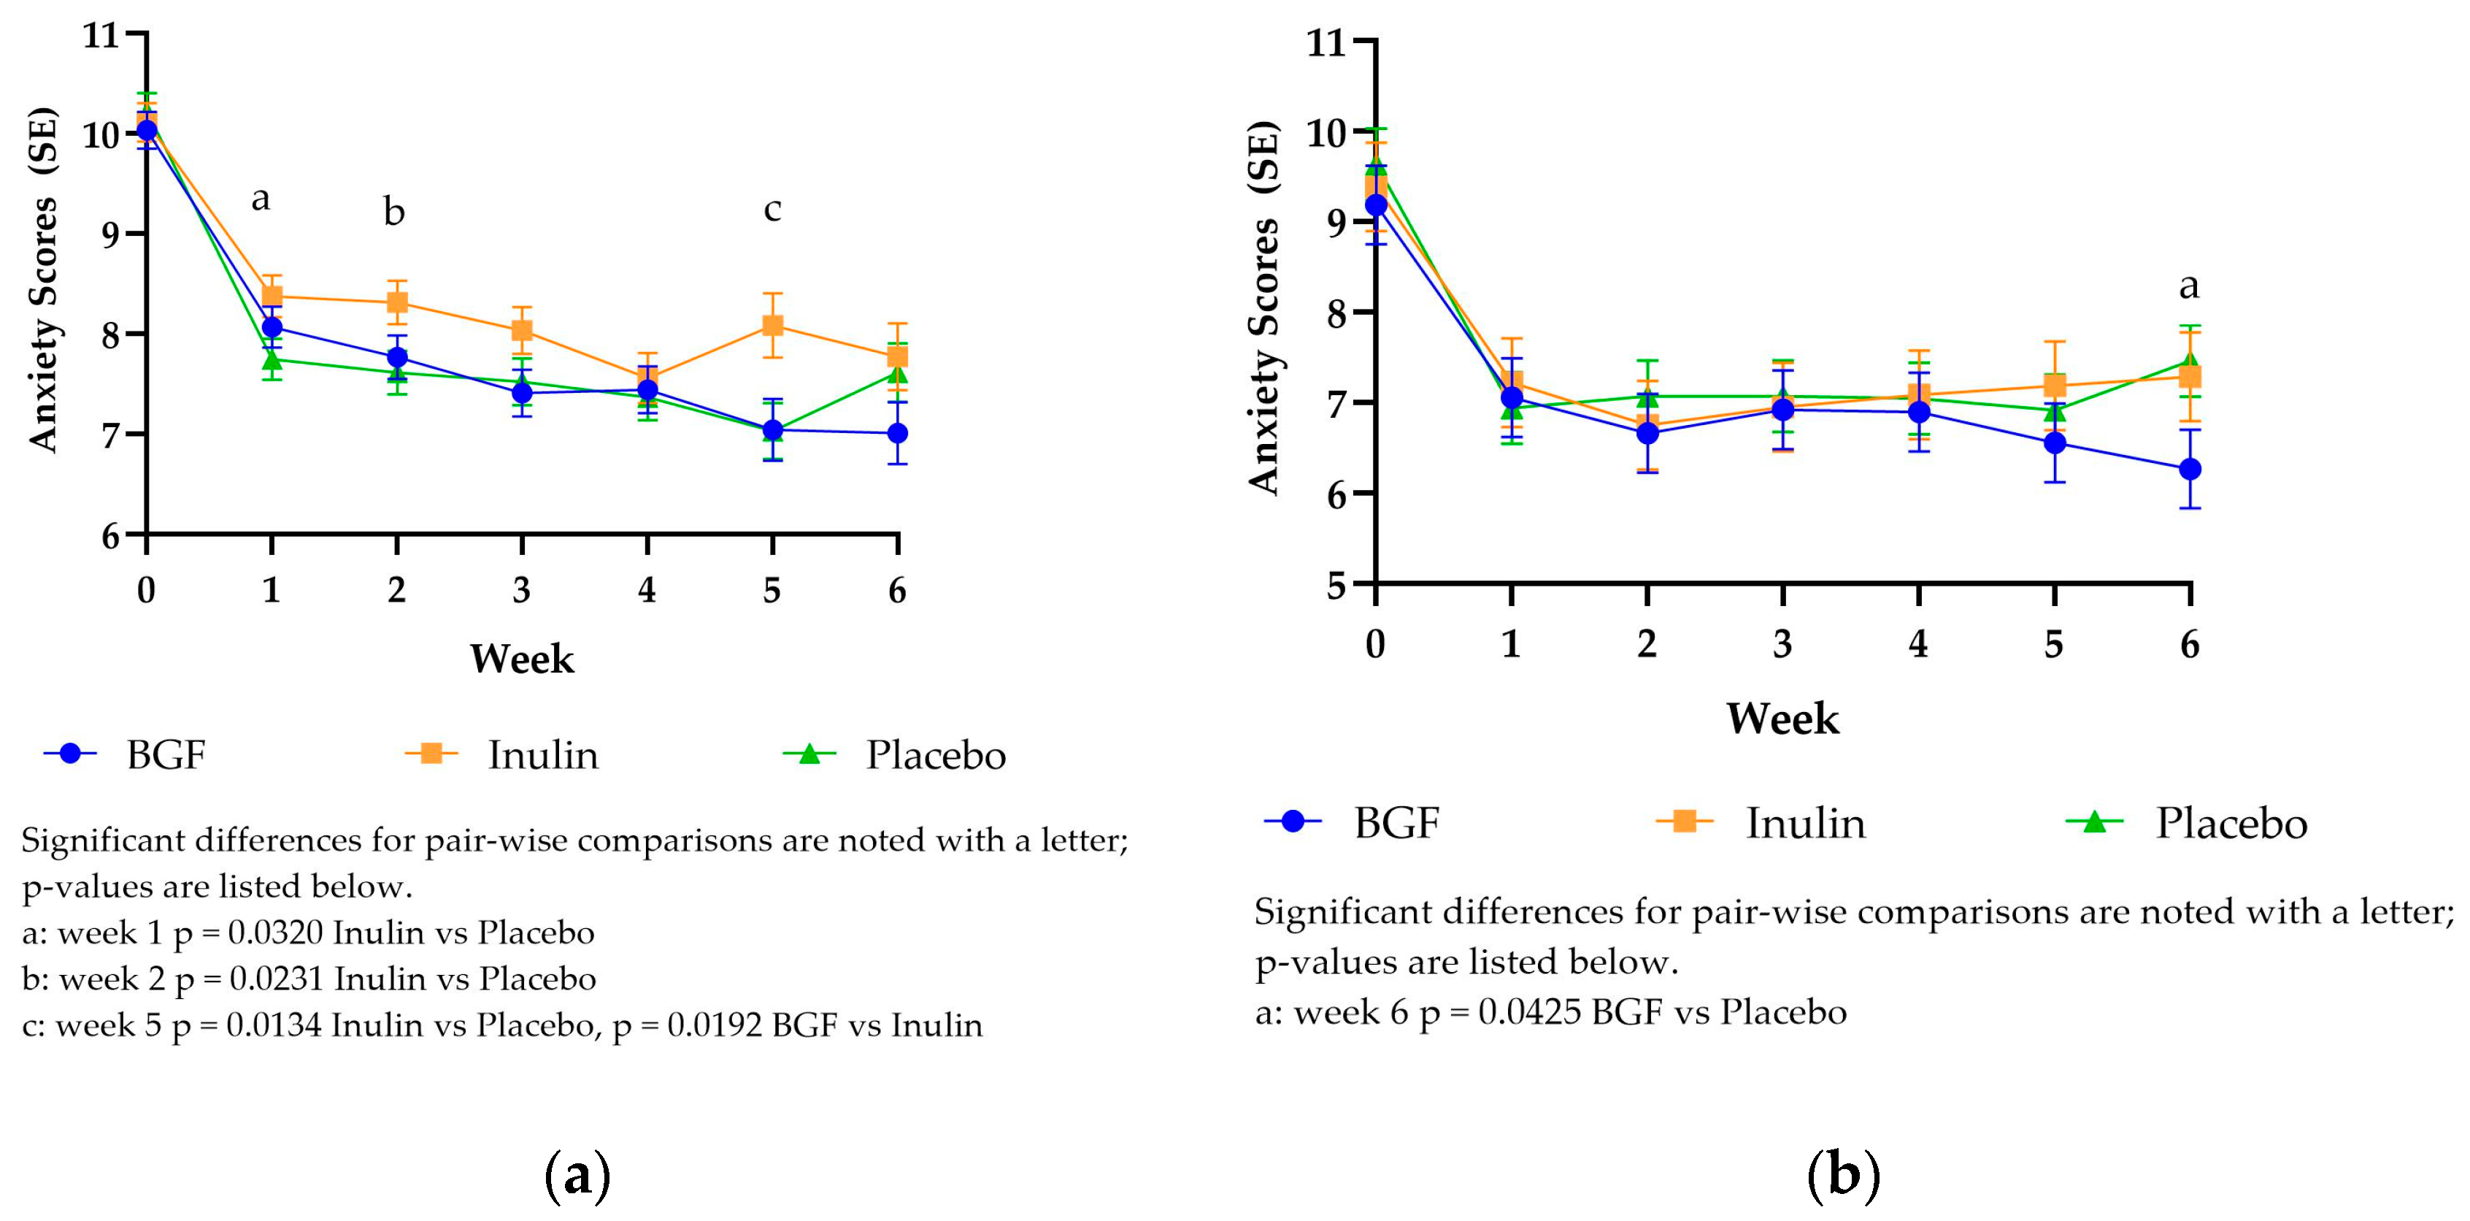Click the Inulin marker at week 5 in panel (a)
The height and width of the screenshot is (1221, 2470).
[x=772, y=325]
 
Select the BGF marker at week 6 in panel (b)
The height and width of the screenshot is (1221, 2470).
[x=2190, y=469]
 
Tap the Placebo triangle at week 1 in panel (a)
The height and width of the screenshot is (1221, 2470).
[x=272, y=360]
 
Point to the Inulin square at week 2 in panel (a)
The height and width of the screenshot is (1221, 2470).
[x=397, y=303]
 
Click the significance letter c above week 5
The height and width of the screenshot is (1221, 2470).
[x=772, y=208]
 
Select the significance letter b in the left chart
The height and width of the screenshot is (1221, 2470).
[x=394, y=211]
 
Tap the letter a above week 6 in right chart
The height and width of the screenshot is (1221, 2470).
[x=2189, y=285]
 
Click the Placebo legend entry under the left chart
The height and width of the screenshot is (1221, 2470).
[x=935, y=755]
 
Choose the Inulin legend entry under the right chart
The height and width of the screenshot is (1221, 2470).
[x=1804, y=823]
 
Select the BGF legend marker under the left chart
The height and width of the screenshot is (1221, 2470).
[x=70, y=754]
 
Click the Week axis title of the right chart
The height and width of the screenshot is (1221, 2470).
[x=1782, y=719]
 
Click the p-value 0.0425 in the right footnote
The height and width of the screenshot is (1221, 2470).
[x=1528, y=1013]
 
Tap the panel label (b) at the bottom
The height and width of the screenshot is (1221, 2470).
[x=1843, y=1174]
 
